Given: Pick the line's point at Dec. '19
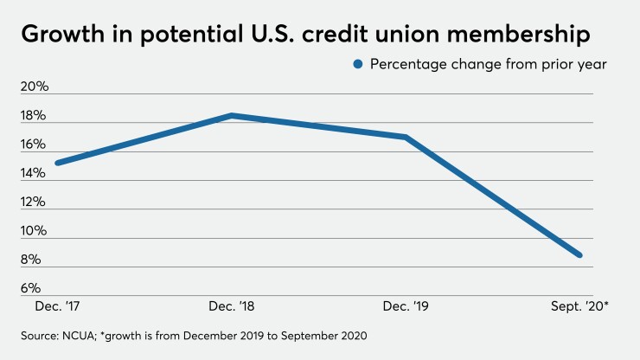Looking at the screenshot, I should (405, 137).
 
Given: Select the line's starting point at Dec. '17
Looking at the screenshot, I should (56, 163).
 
